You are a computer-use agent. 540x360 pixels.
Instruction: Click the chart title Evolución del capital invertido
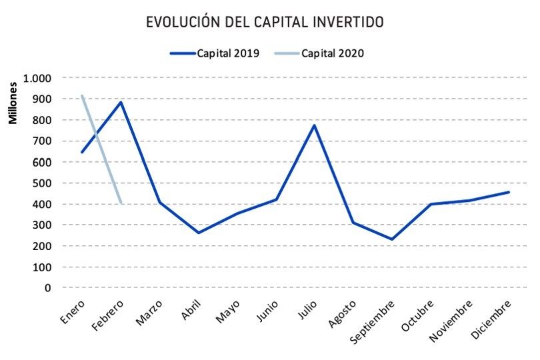pyautogui.click(x=265, y=22)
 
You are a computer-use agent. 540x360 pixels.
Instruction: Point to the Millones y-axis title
pyautogui.click(x=13, y=104)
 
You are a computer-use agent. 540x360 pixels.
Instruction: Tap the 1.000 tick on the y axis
pyautogui.click(x=37, y=78)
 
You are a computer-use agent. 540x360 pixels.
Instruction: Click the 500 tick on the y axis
pyautogui.click(x=41, y=183)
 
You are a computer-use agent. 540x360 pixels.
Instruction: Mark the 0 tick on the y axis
pyautogui.click(x=47, y=287)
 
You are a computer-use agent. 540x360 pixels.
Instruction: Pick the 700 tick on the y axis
pyautogui.click(x=41, y=141)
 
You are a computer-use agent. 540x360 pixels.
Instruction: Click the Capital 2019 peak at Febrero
pyautogui.click(x=121, y=102)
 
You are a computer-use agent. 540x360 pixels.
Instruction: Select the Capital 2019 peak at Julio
pyautogui.click(x=314, y=125)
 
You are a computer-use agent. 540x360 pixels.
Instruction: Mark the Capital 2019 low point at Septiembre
pyautogui.click(x=391, y=239)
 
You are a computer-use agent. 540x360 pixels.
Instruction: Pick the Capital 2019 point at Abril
pyautogui.click(x=198, y=233)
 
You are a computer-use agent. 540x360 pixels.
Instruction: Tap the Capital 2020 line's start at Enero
pyautogui.click(x=82, y=96)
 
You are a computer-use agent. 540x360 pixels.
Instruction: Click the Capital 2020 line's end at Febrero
pyautogui.click(x=121, y=203)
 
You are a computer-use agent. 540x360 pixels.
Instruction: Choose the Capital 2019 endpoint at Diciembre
pyautogui.click(x=508, y=192)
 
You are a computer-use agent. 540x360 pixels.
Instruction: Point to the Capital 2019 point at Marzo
pyautogui.click(x=159, y=202)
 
